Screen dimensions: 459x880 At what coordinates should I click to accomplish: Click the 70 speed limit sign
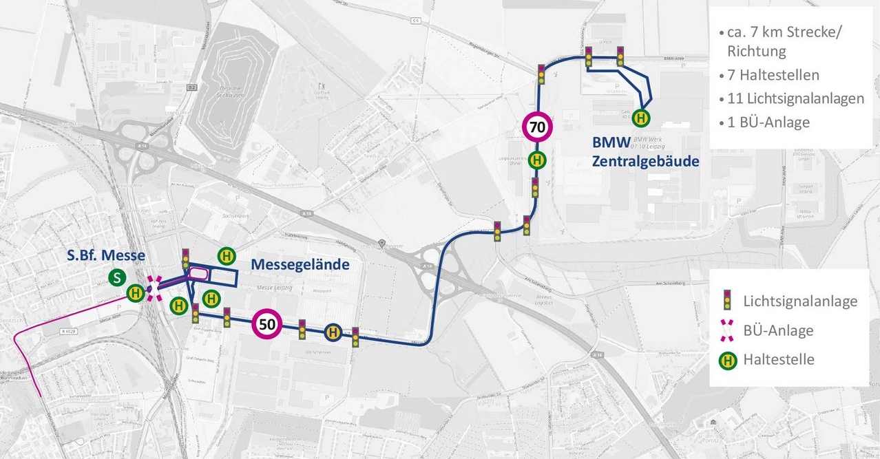click(538, 127)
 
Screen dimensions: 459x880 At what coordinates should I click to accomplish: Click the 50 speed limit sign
click(269, 324)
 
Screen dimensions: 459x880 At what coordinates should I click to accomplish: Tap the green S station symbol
click(118, 278)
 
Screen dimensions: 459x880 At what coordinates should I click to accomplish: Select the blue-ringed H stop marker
click(333, 332)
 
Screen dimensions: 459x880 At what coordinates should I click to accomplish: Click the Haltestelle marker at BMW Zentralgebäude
click(641, 118)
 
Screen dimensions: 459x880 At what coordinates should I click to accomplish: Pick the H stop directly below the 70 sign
click(538, 160)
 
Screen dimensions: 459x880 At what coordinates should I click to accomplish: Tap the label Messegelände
click(300, 264)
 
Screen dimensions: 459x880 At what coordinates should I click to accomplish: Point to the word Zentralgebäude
click(646, 162)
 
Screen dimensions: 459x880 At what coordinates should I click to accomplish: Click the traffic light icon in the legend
click(726, 300)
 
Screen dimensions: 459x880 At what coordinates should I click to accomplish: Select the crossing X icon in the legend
click(726, 330)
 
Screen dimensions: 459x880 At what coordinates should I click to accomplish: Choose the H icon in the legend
click(726, 359)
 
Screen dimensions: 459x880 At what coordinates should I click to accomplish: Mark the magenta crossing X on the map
click(155, 288)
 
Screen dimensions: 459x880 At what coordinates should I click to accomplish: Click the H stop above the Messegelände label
click(226, 256)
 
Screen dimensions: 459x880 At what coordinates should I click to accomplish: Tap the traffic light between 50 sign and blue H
click(302, 330)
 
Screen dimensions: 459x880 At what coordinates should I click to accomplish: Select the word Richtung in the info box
click(756, 51)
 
